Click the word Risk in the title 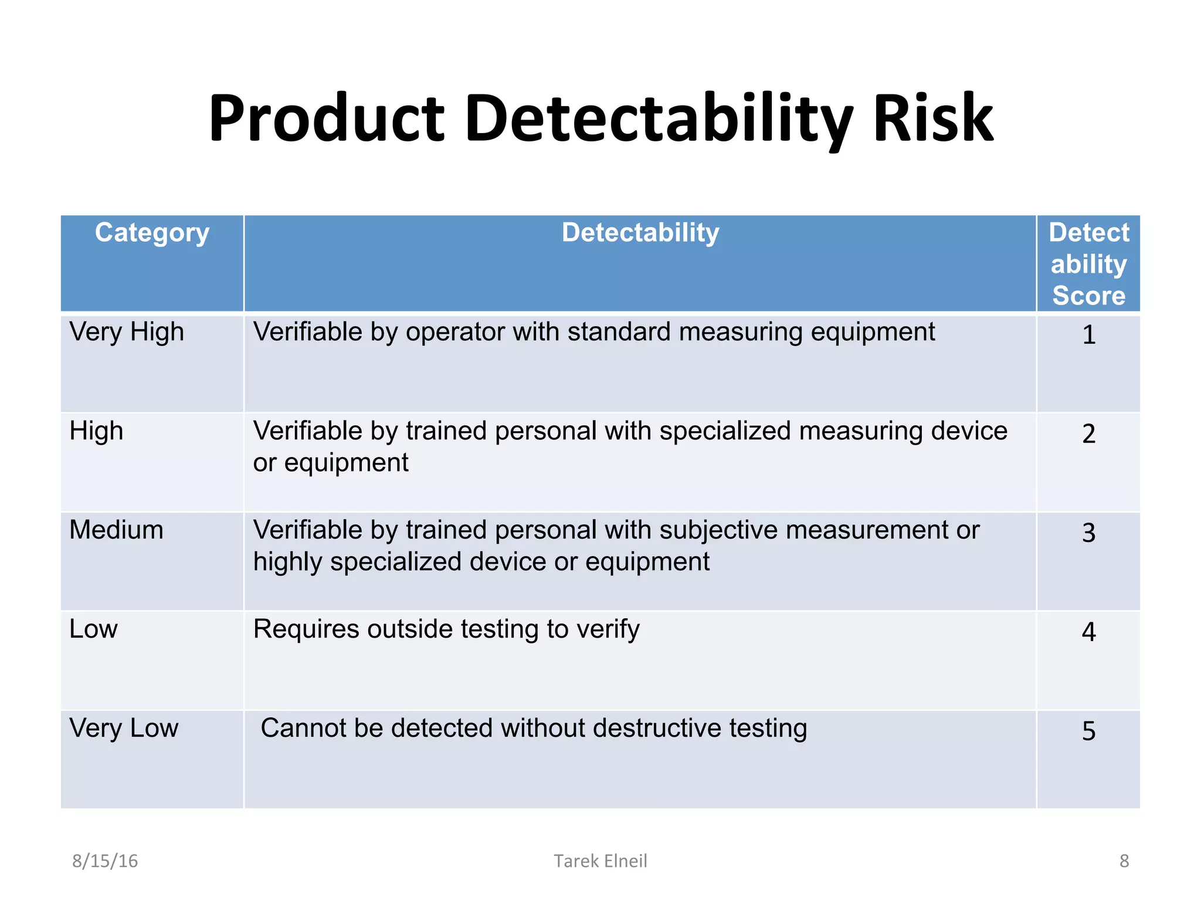[933, 118]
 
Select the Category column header [152, 233]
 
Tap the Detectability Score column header [1088, 264]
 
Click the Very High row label [127, 332]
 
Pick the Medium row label [116, 530]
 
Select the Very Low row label [124, 729]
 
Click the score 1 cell [1088, 335]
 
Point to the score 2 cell [1088, 434]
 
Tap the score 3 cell [1088, 533]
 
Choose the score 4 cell [1088, 632]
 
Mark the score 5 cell [1088, 731]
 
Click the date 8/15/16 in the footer [105, 861]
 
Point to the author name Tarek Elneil [600, 861]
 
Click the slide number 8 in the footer [1124, 861]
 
